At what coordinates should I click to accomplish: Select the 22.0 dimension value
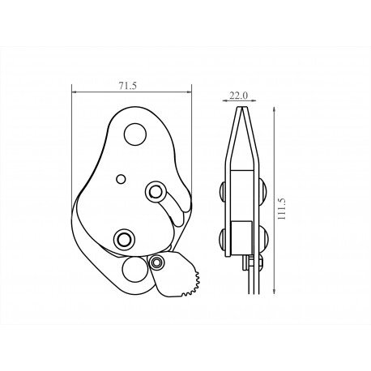coord(238,95)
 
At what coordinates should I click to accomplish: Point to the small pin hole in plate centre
coord(120,177)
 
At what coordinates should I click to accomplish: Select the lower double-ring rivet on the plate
coord(125,238)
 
